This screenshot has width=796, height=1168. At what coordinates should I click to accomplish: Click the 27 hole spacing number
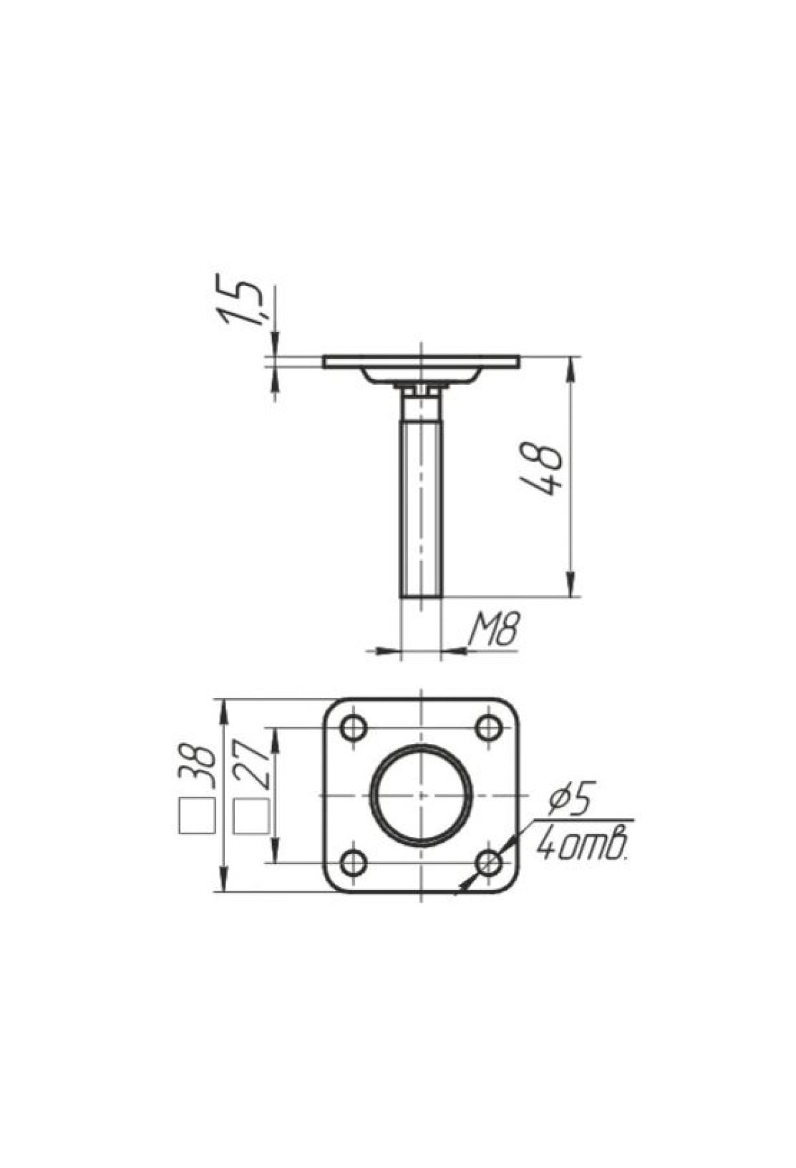pyautogui.click(x=252, y=767)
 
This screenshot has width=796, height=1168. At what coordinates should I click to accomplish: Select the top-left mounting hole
pyautogui.click(x=354, y=728)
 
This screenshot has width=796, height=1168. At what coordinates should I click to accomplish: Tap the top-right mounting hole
pyautogui.click(x=490, y=728)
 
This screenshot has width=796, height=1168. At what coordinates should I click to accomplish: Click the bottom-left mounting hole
pyautogui.click(x=354, y=863)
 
